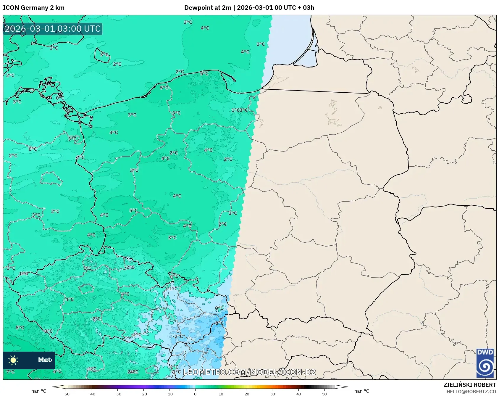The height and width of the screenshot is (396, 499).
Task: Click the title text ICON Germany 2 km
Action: tap(34, 8)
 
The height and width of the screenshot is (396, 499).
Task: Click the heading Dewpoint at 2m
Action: tap(208, 8)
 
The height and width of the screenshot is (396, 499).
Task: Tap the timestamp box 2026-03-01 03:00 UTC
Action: tap(53, 29)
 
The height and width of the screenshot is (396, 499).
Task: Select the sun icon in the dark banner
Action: tap(13, 360)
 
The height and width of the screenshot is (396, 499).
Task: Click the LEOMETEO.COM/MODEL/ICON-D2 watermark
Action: tap(249, 372)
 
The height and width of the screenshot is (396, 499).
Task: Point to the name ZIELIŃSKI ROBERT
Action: tap(469, 385)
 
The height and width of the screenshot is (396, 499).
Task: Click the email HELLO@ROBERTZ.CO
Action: tap(471, 392)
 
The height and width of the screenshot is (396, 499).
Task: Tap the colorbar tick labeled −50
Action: tap(66, 394)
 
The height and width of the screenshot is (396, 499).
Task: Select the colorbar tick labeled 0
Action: tap(195, 394)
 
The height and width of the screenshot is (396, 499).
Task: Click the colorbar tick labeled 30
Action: tap(273, 394)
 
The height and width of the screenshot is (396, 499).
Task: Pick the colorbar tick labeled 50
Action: tap(324, 394)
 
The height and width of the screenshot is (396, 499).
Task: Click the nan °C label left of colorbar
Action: tap(39, 391)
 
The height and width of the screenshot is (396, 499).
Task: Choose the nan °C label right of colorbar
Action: tap(361, 391)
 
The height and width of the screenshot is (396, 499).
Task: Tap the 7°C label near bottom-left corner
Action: tap(10, 372)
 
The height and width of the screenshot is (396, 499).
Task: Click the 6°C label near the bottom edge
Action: tap(57, 371)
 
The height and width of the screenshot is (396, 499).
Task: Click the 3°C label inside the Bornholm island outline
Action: tap(104, 55)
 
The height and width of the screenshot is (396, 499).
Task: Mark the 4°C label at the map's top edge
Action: tap(205, 28)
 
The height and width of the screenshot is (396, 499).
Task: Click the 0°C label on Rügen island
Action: tap(60, 98)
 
